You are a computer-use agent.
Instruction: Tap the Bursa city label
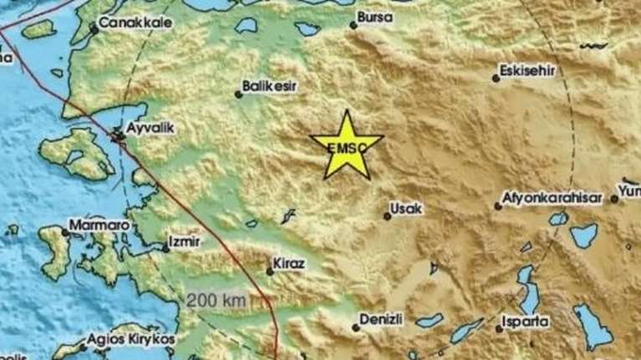click(373, 15)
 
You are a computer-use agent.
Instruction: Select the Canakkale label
click(130, 23)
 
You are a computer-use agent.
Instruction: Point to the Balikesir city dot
click(239, 94)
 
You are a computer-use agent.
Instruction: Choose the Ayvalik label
click(149, 129)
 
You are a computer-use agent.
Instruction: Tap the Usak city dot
click(388, 216)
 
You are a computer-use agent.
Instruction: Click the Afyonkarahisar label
click(552, 198)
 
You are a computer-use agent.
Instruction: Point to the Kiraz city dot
click(269, 271)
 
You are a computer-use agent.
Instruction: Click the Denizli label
click(381, 318)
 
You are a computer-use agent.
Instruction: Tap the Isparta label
click(525, 320)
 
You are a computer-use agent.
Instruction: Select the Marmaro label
click(99, 225)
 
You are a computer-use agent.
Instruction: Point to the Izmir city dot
click(165, 247)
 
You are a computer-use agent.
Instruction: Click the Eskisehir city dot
click(496, 79)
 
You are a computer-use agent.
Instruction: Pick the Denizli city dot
click(356, 327)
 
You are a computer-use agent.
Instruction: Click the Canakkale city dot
click(94, 30)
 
